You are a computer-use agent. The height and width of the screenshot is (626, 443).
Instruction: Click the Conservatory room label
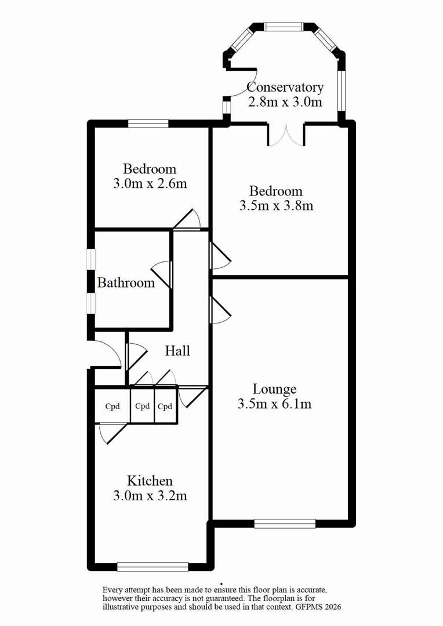pos(285,88)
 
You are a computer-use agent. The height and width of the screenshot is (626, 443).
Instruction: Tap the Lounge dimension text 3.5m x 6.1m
pos(274,404)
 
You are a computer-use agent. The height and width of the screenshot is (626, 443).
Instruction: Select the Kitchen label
pos(150,481)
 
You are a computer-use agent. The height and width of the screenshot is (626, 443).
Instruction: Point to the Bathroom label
pos(126,283)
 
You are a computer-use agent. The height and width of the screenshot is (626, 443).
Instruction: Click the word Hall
pos(177,351)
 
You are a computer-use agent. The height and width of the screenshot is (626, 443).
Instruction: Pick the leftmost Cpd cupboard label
pos(112,406)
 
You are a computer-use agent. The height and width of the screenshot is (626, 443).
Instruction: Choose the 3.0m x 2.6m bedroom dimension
pos(150,184)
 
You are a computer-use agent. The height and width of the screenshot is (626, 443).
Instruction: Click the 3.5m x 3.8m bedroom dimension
pos(276,206)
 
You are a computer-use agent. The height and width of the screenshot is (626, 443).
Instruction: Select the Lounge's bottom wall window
pos(285,523)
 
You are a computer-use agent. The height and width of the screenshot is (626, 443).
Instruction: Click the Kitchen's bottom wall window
pos(152,567)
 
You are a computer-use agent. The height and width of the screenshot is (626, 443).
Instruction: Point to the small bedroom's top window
pos(148,123)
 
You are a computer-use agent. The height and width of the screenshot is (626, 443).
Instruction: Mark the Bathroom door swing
pos(162,274)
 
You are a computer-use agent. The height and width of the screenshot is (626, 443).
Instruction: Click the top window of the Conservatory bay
pos(284,26)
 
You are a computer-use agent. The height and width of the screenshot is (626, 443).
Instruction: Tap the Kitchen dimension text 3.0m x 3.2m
pos(150,496)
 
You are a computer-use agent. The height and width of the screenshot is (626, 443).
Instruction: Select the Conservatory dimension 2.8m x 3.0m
pos(285,102)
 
